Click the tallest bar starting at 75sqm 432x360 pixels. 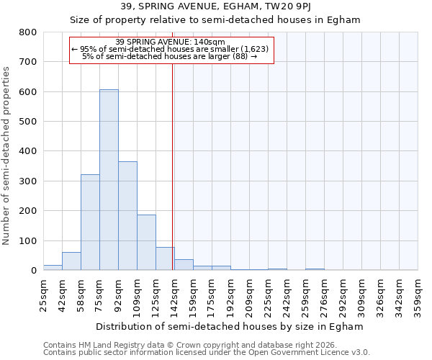point(109,180)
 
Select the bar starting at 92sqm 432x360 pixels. point(127,216)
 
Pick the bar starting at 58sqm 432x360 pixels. point(90,222)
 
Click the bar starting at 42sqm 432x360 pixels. point(71,261)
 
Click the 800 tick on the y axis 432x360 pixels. point(27,32)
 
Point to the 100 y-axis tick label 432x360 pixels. point(27,240)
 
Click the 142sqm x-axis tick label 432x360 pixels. point(174,294)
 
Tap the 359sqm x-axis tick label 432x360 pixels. point(418,294)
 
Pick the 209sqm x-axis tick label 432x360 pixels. point(249,294)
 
